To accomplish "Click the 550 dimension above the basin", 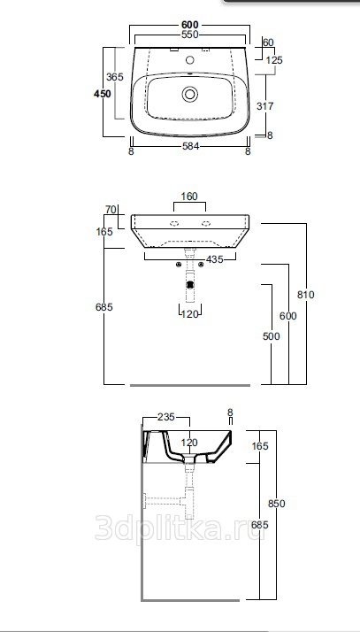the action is (x=189, y=35).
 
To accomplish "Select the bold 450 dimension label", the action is (x=103, y=94).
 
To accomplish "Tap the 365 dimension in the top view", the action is (x=115, y=77).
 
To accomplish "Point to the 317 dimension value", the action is (x=265, y=106).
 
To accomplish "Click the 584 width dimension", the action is (x=190, y=146).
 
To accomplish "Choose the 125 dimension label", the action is (x=274, y=60).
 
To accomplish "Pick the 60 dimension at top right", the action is (x=268, y=42).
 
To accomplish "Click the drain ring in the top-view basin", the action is (x=189, y=94).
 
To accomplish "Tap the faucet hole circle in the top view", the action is (x=190, y=60).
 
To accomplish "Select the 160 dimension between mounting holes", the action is (x=189, y=197).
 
